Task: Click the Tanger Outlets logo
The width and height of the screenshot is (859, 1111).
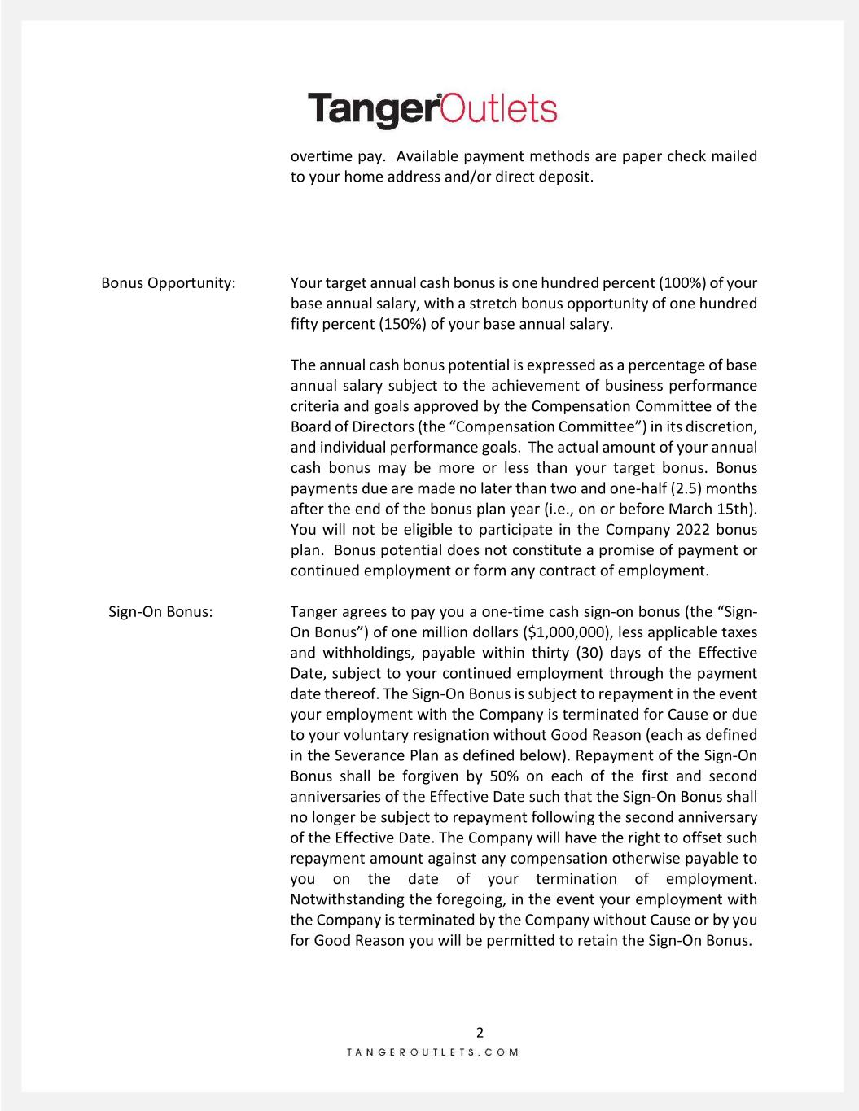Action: click(432, 111)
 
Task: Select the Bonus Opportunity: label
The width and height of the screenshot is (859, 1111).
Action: click(169, 283)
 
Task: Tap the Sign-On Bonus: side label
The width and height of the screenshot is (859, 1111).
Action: click(160, 612)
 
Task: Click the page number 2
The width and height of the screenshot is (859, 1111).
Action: click(480, 1033)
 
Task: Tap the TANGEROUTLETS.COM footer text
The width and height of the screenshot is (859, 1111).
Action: click(432, 1052)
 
